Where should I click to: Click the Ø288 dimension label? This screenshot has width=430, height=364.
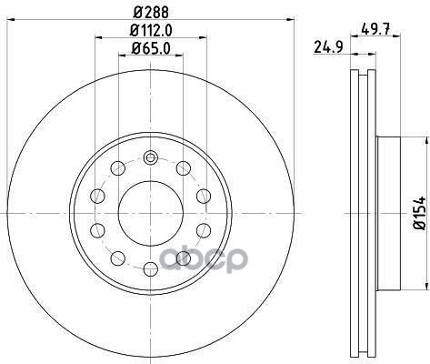click(151, 13)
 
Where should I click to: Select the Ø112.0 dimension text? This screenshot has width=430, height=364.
click(151, 31)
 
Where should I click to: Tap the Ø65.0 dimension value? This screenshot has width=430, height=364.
click(151, 48)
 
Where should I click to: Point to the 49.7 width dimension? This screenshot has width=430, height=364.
click(375, 29)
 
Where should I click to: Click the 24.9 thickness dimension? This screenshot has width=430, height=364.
click(328, 47)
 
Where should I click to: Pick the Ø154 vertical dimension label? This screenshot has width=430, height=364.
click(420, 213)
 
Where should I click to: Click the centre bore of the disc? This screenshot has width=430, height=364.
click(151, 214)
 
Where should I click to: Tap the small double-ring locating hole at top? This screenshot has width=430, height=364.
click(151, 157)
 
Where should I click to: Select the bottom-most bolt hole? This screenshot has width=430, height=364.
click(151, 269)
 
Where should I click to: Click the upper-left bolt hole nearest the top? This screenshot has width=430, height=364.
click(118, 168)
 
